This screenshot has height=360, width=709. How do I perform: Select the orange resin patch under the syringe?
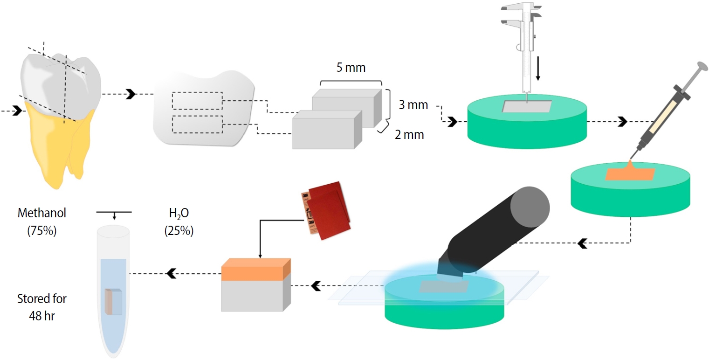(x=630, y=173)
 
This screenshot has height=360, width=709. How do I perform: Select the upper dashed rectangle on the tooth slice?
(x=197, y=100)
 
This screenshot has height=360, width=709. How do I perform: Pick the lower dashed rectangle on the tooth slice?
(x=197, y=125)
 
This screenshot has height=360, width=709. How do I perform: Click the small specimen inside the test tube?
(x=113, y=302)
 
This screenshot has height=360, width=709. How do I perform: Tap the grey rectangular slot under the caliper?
(x=526, y=106)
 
